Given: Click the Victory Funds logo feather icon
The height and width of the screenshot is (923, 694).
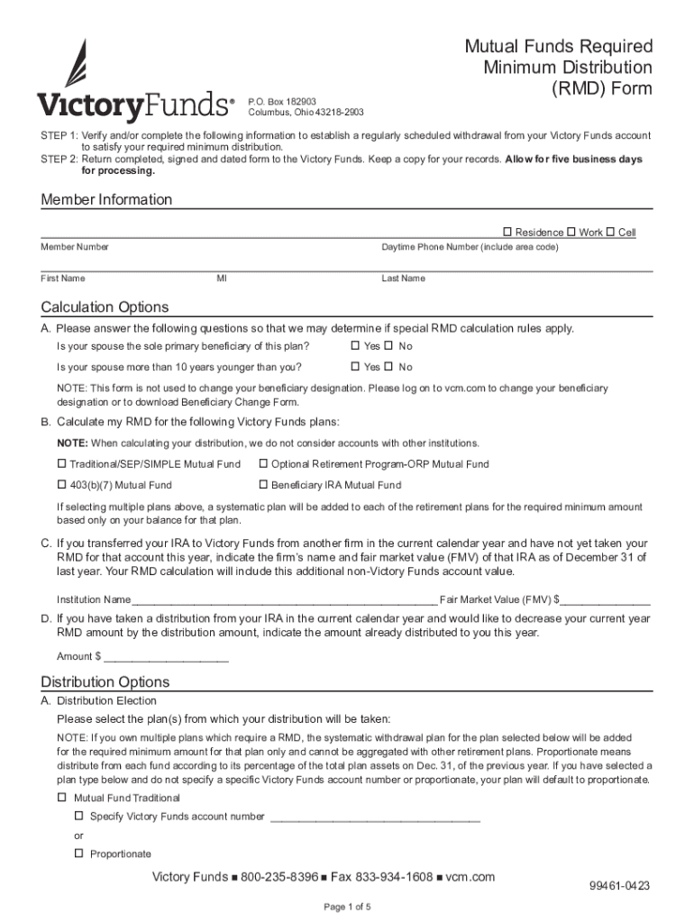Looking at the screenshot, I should (x=76, y=63).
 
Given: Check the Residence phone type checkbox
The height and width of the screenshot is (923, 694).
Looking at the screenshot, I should (x=507, y=233).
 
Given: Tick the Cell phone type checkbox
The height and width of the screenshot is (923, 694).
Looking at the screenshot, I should (x=611, y=233).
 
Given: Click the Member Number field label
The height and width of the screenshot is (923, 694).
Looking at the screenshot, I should (x=74, y=247).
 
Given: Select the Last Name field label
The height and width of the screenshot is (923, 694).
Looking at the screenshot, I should (x=403, y=279).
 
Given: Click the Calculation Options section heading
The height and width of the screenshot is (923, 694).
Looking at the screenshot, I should (x=105, y=307).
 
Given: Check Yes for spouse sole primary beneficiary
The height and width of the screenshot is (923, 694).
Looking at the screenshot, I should (x=355, y=346).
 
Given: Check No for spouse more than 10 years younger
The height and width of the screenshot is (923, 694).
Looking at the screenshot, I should (x=389, y=367).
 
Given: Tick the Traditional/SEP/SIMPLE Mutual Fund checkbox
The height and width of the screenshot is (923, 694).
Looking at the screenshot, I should (x=62, y=464).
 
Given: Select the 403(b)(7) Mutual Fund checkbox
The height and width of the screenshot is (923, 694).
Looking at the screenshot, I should (x=62, y=485).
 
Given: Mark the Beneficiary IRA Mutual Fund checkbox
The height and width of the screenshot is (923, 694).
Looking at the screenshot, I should (x=263, y=485).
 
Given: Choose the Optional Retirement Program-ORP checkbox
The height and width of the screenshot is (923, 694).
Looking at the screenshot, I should (x=263, y=464).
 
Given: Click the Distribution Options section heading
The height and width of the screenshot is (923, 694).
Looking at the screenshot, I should (x=105, y=682).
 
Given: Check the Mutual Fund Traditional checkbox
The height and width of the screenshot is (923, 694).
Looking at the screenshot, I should (x=62, y=798).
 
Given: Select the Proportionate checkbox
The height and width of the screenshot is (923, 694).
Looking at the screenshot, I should (x=78, y=854).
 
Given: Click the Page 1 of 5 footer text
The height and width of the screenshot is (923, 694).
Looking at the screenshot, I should (x=347, y=907).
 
